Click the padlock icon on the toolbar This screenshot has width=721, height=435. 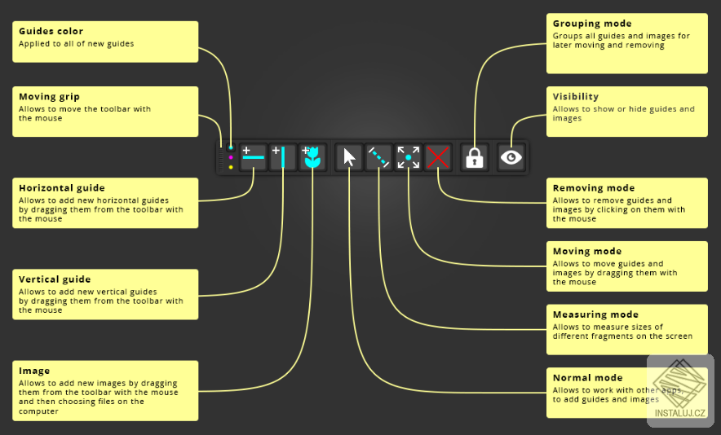475,157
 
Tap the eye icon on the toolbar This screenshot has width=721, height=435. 511,157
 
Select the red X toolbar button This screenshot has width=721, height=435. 438,157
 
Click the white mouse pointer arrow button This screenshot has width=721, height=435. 349,157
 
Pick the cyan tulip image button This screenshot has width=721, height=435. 312,157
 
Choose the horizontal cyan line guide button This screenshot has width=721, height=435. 254,157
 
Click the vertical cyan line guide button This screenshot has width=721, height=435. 283,157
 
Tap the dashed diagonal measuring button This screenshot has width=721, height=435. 378,157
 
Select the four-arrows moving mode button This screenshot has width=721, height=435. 409,157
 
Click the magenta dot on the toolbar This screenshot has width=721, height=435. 231,157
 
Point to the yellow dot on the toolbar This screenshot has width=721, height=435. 231,167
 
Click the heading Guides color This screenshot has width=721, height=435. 51,31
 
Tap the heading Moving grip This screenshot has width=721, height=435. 49,97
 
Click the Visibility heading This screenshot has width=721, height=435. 576,97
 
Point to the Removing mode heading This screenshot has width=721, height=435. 594,188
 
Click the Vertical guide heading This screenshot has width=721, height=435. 55,279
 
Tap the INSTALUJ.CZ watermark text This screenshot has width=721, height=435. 679,413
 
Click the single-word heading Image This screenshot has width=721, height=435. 34,371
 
